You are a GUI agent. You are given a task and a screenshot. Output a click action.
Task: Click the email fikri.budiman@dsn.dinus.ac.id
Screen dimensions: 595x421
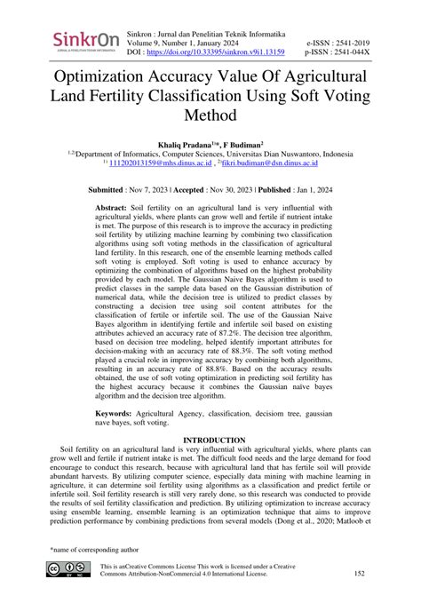point(266,163)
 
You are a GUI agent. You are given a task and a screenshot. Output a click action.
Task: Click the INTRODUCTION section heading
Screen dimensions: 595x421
point(210,440)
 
